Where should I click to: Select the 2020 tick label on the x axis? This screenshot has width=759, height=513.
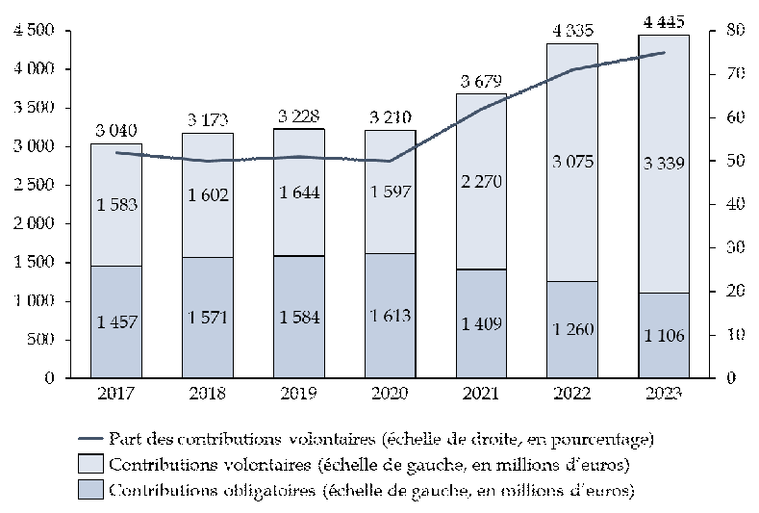click(x=390, y=394)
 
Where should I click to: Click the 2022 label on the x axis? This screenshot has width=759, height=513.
click(x=572, y=394)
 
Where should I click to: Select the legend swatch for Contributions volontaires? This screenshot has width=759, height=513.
click(x=89, y=465)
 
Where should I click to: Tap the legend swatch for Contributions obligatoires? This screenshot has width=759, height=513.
click(x=89, y=491)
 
